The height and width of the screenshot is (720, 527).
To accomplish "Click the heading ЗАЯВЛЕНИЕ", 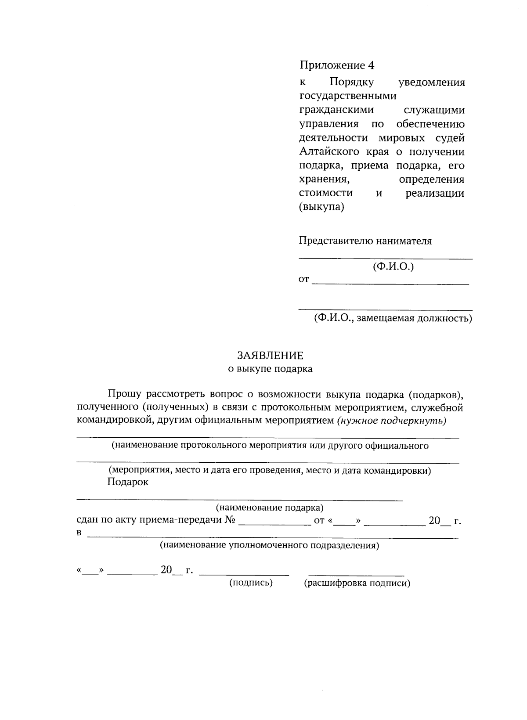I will [x=270, y=355].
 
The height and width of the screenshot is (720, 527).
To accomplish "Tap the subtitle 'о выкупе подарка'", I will [x=270, y=369].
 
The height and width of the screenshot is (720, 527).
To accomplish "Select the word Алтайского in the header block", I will [x=329, y=152].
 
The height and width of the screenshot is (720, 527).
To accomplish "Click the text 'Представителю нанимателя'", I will [x=365, y=241].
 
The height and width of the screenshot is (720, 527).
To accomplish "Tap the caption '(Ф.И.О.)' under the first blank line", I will [x=393, y=266].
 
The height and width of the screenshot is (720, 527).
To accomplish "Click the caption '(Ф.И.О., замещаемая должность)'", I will [x=393, y=319].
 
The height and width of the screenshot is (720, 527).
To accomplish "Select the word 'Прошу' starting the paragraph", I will [x=124, y=394].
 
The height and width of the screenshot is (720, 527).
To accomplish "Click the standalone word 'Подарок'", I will [x=127, y=482].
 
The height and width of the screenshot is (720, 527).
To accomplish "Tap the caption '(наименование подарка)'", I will [x=270, y=508].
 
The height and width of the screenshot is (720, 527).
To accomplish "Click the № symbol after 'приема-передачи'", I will [x=231, y=521].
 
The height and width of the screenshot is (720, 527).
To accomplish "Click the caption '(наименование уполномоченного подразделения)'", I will [x=269, y=546].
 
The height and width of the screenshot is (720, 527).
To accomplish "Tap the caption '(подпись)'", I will [x=251, y=583].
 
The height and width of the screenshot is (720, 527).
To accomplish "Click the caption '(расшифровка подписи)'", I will [x=357, y=583].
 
